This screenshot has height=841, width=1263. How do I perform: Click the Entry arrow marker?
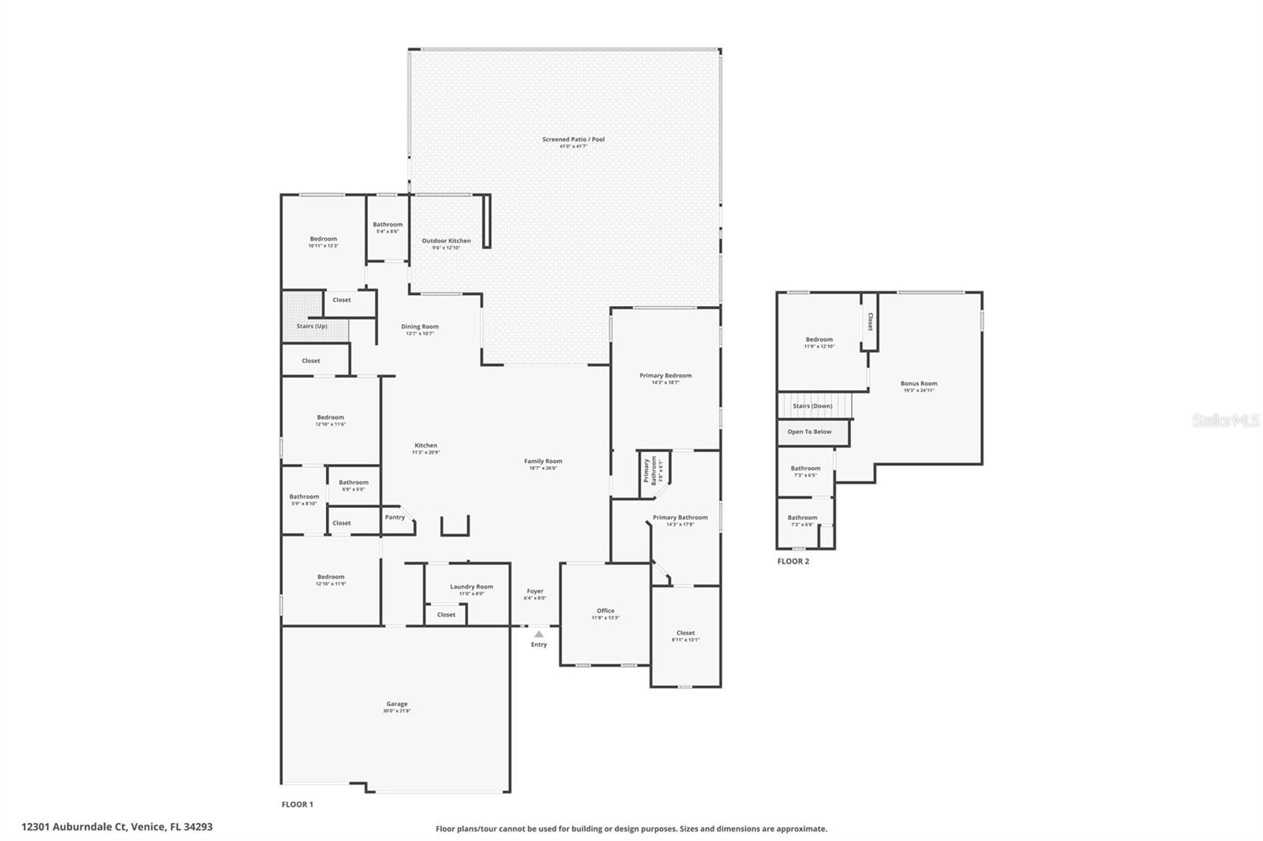(538, 634)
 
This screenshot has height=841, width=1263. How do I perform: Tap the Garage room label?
(397, 704)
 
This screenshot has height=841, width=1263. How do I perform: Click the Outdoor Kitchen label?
(446, 241)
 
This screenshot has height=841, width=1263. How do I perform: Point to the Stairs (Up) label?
(312, 326)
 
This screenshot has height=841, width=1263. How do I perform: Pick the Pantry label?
(395, 517)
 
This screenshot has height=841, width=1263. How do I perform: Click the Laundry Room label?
(471, 586)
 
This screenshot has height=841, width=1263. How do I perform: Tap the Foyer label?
(534, 591)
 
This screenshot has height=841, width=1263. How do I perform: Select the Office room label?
(605, 611)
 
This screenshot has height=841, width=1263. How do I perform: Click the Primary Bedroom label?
(665, 376)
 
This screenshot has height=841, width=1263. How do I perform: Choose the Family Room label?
(543, 461)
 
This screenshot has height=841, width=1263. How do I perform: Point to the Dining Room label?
(419, 326)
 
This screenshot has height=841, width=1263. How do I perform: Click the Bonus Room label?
(919, 383)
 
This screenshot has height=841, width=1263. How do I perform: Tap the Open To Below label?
(809, 432)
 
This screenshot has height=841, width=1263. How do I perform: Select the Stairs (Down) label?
(812, 406)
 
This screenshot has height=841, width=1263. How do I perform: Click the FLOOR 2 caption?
(793, 562)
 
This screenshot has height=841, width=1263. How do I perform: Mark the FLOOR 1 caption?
(298, 805)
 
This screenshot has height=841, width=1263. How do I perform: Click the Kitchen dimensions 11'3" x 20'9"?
(425, 452)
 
